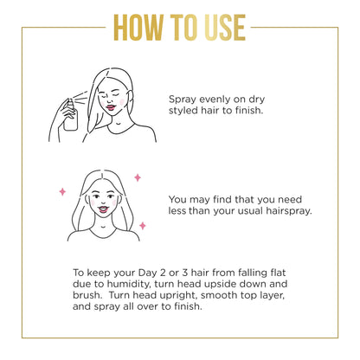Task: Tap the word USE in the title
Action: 225,28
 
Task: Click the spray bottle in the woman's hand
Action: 70,115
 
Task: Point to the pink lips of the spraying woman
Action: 111,107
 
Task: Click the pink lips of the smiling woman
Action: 103,209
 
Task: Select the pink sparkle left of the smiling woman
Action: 62,191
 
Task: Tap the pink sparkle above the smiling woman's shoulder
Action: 143,226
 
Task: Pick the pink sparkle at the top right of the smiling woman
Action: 138,177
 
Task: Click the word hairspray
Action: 289,211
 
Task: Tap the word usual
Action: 251,211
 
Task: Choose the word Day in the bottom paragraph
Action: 146,273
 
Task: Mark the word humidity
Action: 129,284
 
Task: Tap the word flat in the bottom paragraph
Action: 278,273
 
